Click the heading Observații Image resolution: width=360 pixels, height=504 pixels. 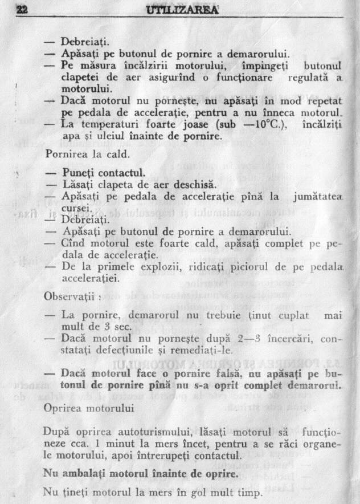point(72,296)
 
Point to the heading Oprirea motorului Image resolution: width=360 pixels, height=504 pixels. point(89,409)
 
